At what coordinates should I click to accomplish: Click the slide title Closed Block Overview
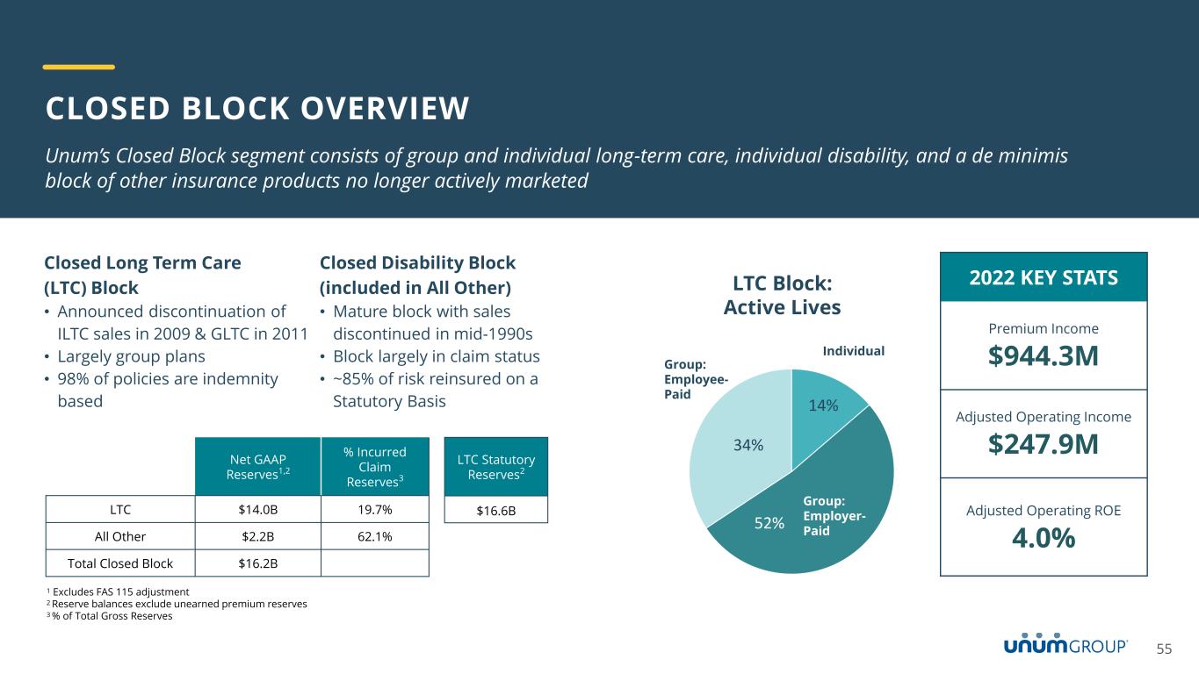257,108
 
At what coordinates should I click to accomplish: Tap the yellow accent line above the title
79,67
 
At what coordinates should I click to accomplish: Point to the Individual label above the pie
853,351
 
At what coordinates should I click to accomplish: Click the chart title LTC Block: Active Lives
781,296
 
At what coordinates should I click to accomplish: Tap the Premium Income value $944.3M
1044,357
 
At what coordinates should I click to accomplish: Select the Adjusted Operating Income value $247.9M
1044,445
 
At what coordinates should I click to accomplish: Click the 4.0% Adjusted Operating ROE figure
1044,539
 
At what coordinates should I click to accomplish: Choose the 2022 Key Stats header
1044,278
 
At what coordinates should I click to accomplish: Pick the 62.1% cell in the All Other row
375,535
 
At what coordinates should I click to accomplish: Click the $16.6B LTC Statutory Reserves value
496,509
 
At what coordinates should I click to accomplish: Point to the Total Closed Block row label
119,563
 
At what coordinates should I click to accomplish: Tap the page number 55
1164,649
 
